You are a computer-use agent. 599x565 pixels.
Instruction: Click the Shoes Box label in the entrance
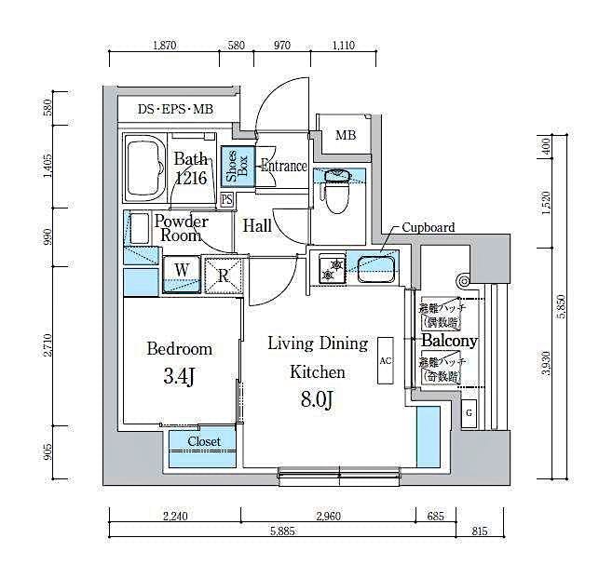click(237, 167)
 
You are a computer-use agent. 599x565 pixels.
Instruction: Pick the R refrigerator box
click(224, 274)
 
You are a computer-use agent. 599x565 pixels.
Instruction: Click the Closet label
click(203, 441)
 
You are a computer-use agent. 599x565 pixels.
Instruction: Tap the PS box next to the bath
click(226, 199)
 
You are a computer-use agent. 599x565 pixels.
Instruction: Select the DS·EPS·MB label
click(175, 110)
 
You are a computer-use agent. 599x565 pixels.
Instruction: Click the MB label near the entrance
click(345, 136)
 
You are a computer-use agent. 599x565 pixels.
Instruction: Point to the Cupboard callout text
click(429, 227)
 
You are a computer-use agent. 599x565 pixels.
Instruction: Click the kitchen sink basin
click(374, 270)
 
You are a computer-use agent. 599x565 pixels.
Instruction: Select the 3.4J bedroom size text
click(179, 378)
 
